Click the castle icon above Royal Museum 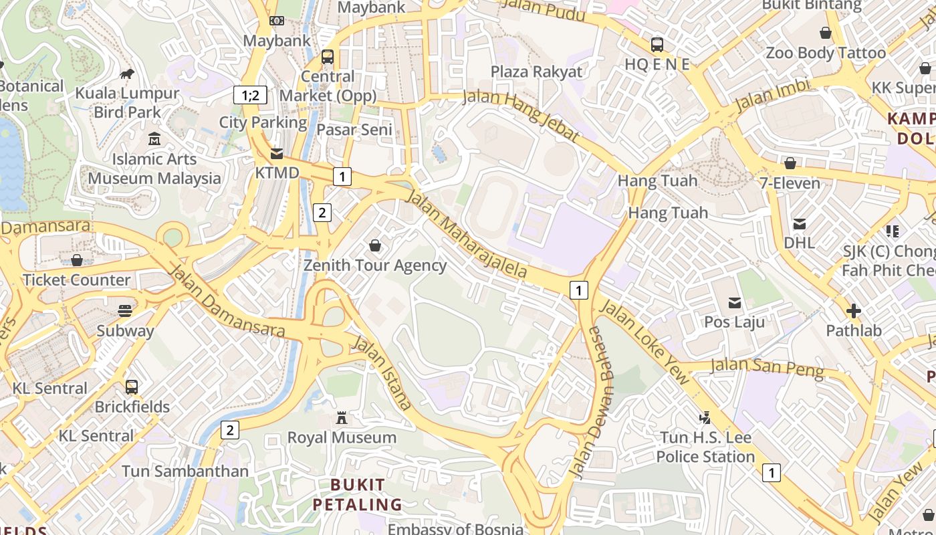342,418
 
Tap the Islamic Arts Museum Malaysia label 154,169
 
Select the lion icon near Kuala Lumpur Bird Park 127,73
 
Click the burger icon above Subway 125,310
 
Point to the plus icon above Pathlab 853,311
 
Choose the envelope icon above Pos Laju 735,303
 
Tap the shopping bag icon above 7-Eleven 790,163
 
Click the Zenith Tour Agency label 375,265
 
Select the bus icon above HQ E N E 657,45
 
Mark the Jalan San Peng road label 767,367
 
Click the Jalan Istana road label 382,372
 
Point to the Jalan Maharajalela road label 466,234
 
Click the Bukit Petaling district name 358,494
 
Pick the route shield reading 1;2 250,95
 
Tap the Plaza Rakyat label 536,72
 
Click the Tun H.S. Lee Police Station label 705,447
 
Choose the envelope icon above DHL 799,223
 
